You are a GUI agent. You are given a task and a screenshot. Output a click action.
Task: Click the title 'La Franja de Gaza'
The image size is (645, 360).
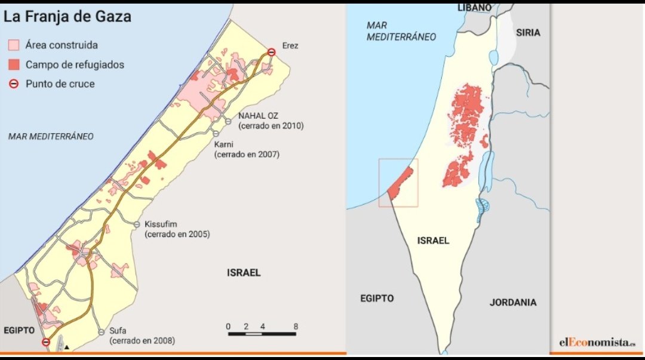(x=67, y=17)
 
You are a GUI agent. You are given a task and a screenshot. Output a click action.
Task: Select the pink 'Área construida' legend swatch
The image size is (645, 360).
(x=14, y=45)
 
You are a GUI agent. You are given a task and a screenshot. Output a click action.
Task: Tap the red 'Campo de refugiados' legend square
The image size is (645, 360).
(x=14, y=64)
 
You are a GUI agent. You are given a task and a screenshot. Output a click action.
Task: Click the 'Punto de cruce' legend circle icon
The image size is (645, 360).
(x=14, y=84)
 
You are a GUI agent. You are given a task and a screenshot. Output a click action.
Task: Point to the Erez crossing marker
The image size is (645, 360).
(x=271, y=53)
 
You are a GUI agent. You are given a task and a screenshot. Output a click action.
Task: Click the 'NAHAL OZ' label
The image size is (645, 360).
(x=259, y=115)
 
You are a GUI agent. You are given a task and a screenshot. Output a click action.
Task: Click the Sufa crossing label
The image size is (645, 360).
(x=119, y=331)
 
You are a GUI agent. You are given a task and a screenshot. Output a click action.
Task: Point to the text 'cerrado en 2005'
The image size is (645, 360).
(x=177, y=235)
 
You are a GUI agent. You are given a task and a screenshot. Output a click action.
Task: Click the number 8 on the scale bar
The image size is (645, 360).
(x=296, y=326)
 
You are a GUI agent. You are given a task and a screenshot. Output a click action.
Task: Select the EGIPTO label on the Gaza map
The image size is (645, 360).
(x=20, y=330)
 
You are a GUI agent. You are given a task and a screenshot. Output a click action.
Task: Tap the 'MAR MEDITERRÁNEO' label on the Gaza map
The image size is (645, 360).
(x=51, y=136)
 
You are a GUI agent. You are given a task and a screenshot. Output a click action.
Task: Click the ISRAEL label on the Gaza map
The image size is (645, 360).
(x=244, y=273)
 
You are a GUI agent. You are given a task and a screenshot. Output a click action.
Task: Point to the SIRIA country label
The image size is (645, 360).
(x=528, y=32)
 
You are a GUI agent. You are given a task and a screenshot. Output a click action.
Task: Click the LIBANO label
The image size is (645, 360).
(x=474, y=7)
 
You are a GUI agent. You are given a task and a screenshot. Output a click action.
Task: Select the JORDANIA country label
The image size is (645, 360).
(x=513, y=302)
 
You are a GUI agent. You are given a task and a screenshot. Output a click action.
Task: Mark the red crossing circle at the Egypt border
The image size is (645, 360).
(x=46, y=342)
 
